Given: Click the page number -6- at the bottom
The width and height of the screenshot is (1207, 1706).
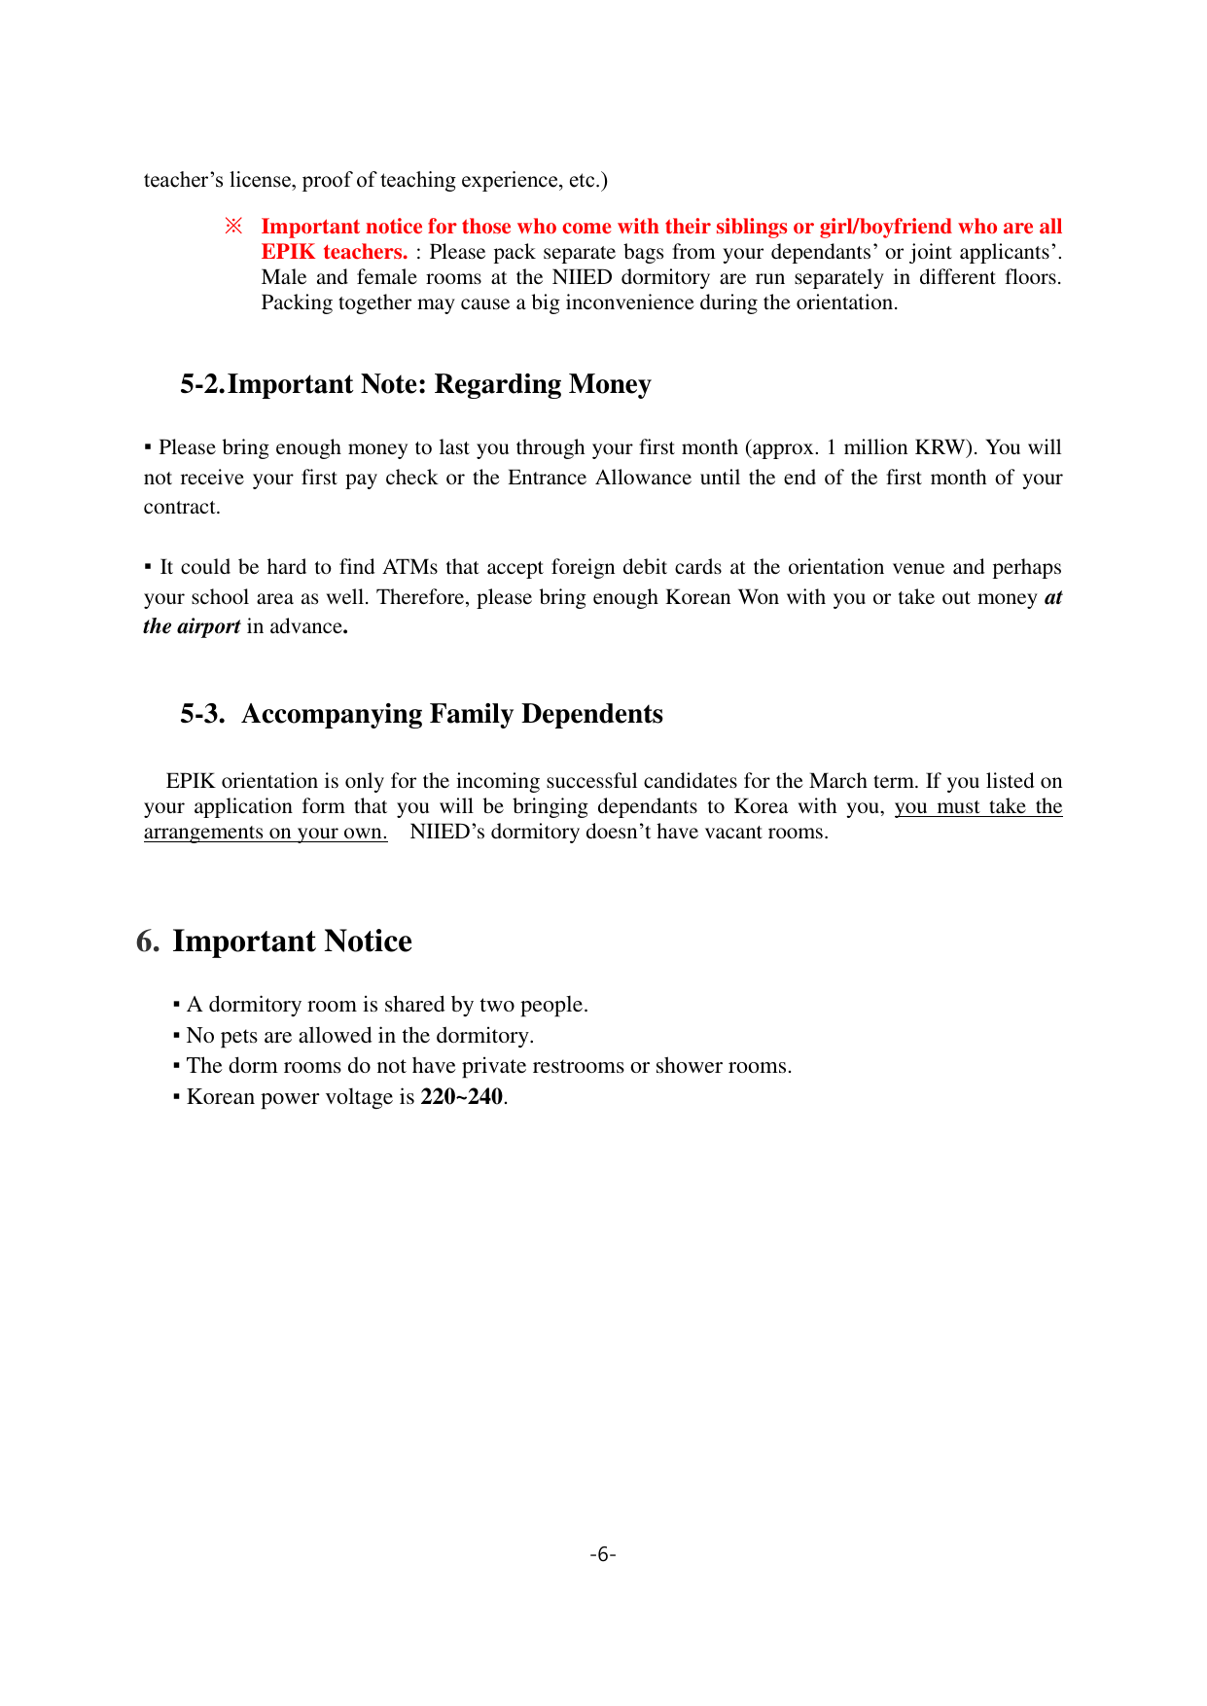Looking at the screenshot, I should tap(603, 1554).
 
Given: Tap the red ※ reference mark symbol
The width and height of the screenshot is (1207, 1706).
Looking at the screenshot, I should tap(233, 227).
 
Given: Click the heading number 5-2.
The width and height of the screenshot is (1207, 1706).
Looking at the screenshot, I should tap(202, 384).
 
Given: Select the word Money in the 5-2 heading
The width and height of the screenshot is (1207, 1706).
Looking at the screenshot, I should tap(610, 384).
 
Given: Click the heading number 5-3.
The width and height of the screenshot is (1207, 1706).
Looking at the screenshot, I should tap(202, 714).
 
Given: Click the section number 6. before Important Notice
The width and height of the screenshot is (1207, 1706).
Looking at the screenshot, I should tap(148, 942).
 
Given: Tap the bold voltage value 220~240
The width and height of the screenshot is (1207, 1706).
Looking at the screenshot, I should tap(462, 1097).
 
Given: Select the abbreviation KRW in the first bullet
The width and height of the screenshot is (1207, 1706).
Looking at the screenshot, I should tap(941, 447).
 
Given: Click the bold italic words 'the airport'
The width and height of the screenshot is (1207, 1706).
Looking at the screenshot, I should tap(192, 626).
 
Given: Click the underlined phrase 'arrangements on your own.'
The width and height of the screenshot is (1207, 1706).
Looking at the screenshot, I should tap(266, 832).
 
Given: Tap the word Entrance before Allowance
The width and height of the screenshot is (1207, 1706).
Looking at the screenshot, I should tap(548, 478).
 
